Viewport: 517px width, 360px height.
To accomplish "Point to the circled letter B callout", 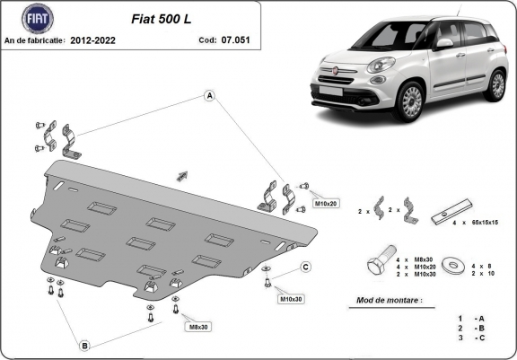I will (x=83, y=345).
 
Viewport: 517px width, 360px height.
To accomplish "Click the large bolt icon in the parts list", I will (x=378, y=264).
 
